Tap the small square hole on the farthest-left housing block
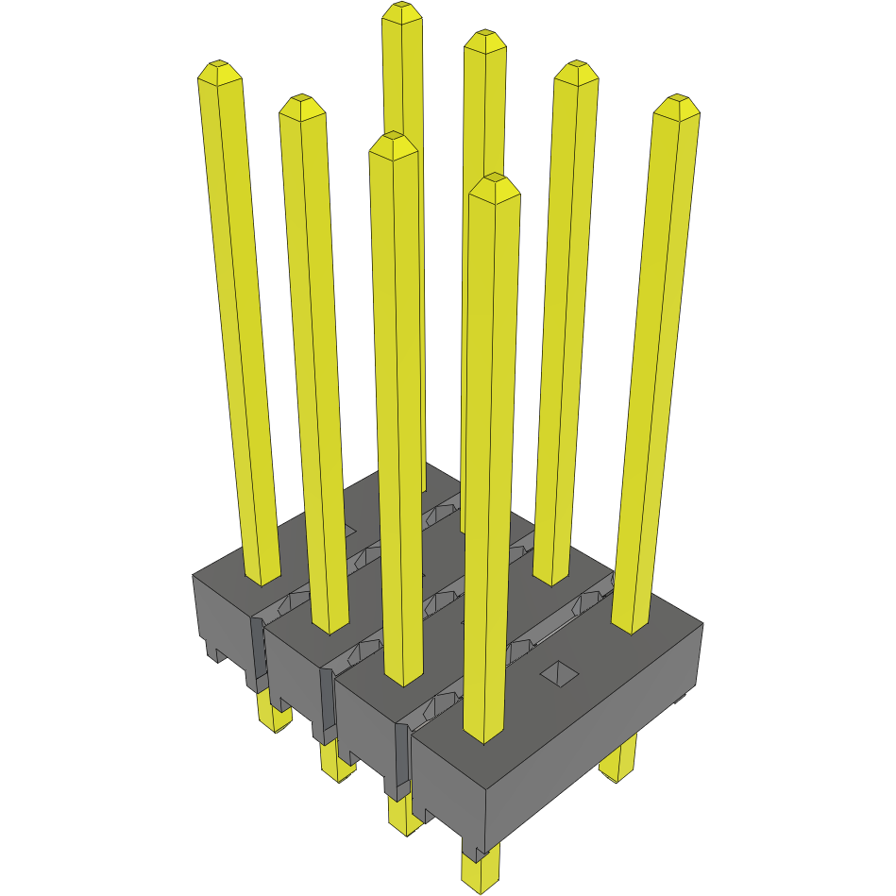(347, 532)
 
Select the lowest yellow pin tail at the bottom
(481, 869)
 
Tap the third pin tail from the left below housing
(404, 814)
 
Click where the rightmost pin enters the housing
(632, 625)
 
